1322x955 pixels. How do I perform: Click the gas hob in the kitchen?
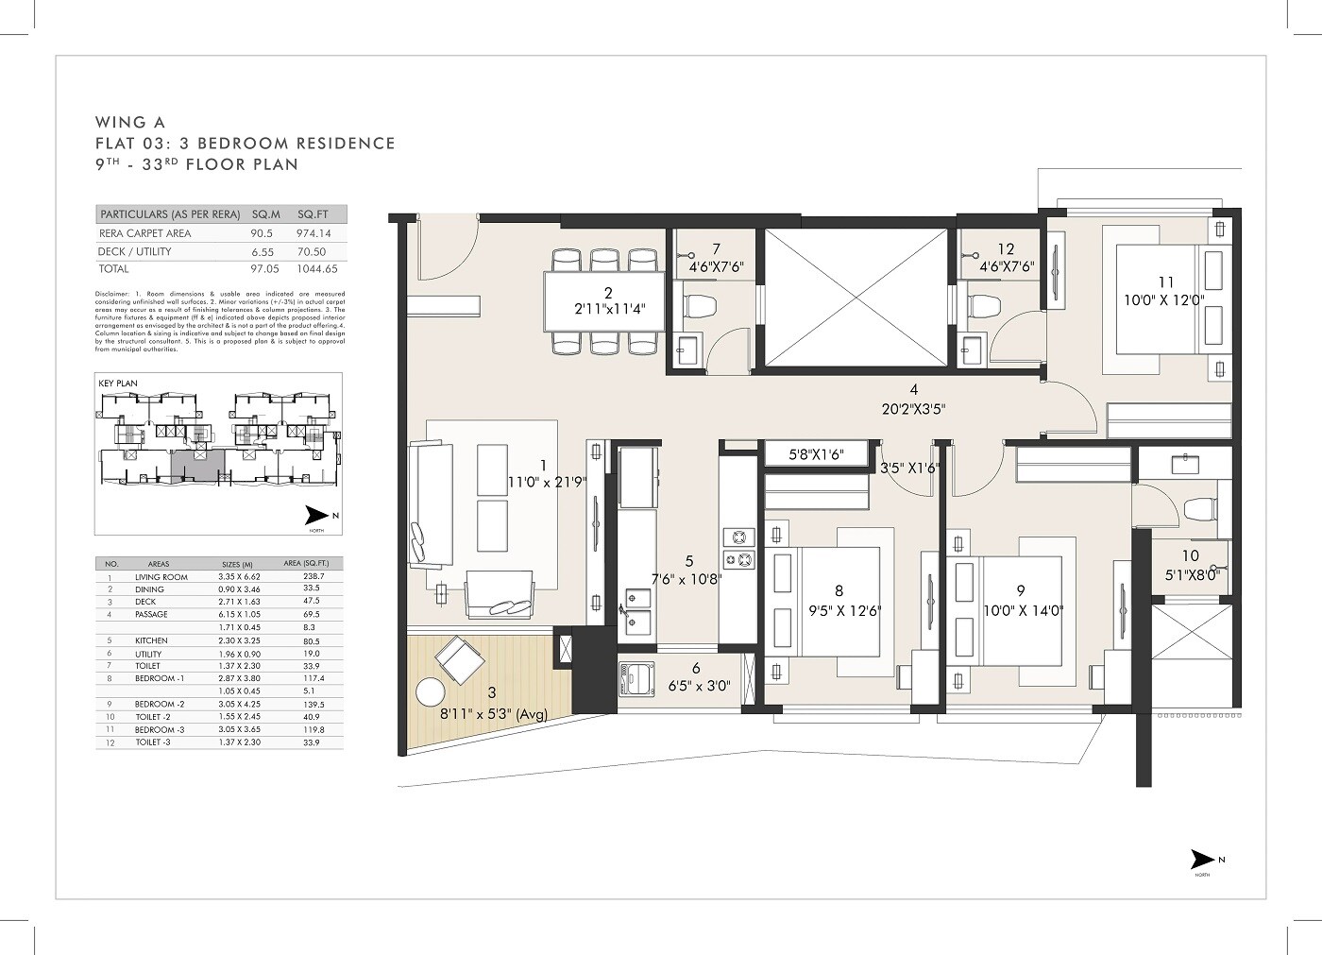[738, 549]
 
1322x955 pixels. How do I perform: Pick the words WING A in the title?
[129, 122]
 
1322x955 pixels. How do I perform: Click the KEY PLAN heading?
[118, 384]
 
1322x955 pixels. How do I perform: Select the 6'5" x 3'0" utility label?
[696, 687]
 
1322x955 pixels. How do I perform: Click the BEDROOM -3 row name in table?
[160, 730]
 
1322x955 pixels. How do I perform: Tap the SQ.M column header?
[266, 214]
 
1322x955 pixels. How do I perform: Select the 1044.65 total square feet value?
[314, 269]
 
